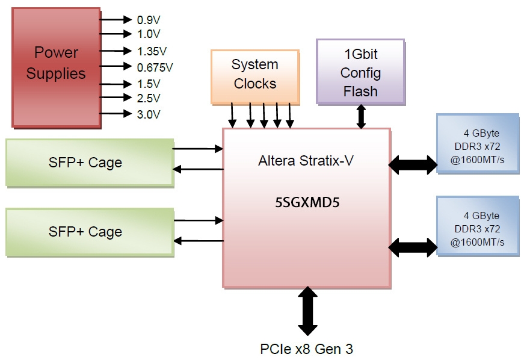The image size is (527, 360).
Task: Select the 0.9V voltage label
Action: tap(148, 20)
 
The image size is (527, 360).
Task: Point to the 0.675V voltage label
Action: tap(155, 67)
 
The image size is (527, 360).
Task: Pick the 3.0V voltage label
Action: tap(148, 114)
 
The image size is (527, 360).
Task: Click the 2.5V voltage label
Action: tap(148, 98)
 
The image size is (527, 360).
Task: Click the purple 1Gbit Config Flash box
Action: tap(360, 72)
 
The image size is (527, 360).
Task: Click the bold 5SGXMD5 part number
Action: tap(307, 202)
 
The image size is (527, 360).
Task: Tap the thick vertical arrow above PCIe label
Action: tap(307, 311)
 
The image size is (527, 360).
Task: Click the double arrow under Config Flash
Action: tap(361, 116)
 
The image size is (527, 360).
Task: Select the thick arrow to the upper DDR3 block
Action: tap(414, 163)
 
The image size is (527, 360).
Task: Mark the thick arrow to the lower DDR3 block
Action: tap(414, 246)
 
